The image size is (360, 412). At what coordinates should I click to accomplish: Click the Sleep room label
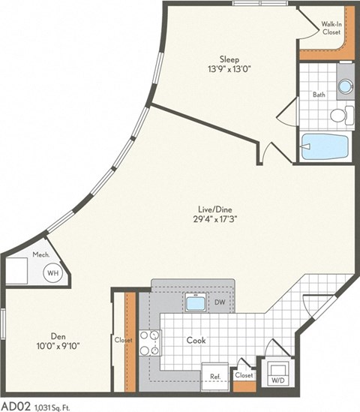(x=229, y=59)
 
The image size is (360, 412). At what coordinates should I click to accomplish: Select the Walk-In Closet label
(x=332, y=29)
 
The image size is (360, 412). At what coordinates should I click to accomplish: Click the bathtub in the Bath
(x=325, y=146)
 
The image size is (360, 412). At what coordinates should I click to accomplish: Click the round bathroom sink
(x=345, y=86)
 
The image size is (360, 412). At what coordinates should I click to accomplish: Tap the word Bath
(x=319, y=95)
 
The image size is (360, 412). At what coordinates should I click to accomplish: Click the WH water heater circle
(x=52, y=274)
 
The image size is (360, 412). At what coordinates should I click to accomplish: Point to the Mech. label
(x=40, y=254)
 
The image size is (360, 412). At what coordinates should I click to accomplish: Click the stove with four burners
(x=150, y=342)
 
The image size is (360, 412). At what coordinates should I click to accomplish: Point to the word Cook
(x=196, y=340)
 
